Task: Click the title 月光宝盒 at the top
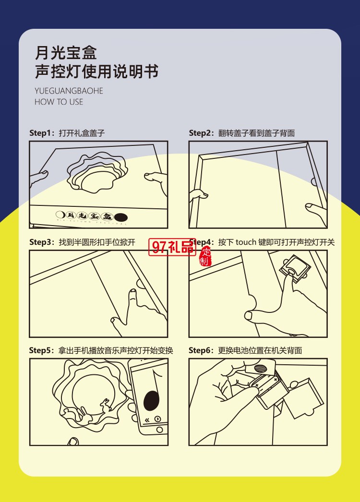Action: click(66, 52)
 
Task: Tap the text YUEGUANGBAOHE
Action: click(69, 91)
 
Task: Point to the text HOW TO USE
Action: click(59, 102)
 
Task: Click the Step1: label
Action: click(42, 133)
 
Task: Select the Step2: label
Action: click(202, 133)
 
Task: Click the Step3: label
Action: click(42, 242)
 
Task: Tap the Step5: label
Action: click(42, 350)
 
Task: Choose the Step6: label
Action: click(202, 350)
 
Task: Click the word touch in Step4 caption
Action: click(246, 242)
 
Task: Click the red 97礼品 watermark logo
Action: click(173, 247)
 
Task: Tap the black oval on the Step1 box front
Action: click(120, 216)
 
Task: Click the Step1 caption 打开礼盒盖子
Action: click(82, 133)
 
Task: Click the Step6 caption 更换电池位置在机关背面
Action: click(260, 350)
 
